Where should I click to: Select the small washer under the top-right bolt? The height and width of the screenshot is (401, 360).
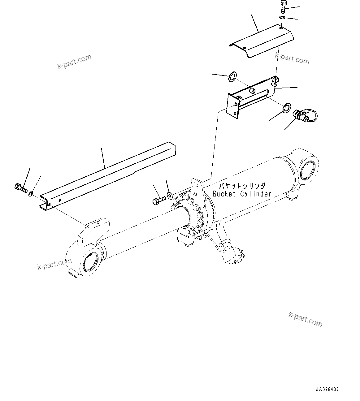click(282, 17)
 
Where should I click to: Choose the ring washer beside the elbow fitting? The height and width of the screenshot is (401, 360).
click(286, 107)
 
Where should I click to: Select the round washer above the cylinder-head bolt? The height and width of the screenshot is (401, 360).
click(169, 195)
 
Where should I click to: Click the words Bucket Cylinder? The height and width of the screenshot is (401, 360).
click(242, 194)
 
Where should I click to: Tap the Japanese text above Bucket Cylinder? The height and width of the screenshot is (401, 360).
click(242, 186)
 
